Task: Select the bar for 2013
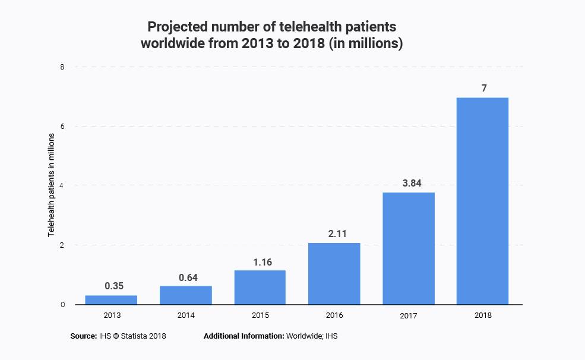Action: [x=111, y=300]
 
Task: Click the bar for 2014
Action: [x=185, y=295]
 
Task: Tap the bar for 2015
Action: [x=260, y=288]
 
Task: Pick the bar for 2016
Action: [x=334, y=274]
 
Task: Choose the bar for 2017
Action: [x=408, y=248]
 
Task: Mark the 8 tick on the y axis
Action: [x=62, y=67]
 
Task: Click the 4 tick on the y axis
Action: [x=62, y=185]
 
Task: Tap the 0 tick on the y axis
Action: [x=62, y=305]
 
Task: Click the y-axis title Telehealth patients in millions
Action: [x=52, y=185]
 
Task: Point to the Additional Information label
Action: [x=244, y=336]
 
